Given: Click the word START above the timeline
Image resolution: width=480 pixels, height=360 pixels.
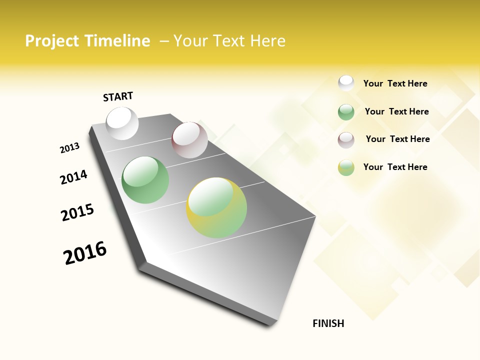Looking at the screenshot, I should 118,96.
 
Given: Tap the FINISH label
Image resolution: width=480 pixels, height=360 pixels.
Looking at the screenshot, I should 328,323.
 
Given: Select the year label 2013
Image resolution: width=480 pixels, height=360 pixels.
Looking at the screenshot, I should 69,148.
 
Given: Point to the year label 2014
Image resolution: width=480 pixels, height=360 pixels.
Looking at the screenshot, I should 73,177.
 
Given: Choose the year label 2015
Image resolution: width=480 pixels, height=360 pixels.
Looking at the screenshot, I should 77,213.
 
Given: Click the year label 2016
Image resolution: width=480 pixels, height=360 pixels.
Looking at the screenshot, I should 85,253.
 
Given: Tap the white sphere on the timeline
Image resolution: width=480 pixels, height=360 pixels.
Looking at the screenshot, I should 122,123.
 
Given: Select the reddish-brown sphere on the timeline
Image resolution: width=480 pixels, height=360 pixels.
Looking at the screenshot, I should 189,140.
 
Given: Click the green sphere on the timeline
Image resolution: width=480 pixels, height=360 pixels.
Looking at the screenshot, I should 145,180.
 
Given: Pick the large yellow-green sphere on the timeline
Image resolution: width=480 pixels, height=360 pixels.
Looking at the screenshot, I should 216,207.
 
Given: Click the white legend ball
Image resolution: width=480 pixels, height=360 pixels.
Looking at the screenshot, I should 346,83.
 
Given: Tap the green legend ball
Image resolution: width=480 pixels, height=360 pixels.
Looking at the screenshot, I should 346,112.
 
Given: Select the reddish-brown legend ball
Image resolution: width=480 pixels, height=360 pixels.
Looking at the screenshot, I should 346,140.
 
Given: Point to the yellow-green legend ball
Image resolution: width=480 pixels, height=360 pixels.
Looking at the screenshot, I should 346,167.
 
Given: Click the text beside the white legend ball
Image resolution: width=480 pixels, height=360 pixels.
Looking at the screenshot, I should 395,84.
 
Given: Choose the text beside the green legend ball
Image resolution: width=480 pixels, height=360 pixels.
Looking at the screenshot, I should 396,111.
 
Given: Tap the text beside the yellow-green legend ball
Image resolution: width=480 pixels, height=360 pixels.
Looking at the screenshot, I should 395,167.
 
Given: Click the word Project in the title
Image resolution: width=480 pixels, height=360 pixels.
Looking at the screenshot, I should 52,41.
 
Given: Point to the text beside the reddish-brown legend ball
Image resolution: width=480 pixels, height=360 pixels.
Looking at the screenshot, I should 397,139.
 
